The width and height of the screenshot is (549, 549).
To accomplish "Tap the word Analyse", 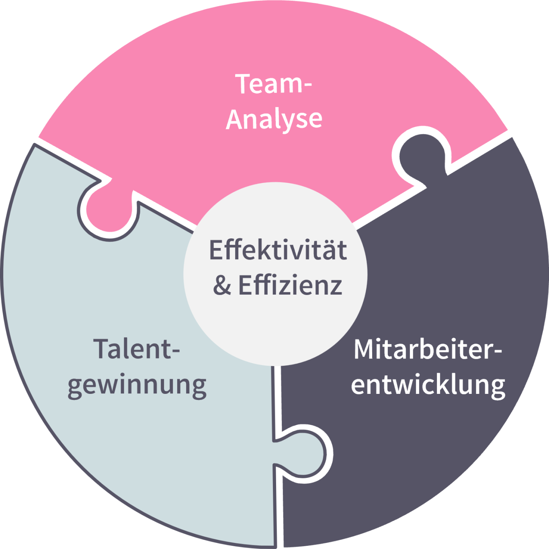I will pyautogui.click(x=274, y=119).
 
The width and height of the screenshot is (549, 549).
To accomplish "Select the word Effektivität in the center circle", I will pyautogui.click(x=278, y=250).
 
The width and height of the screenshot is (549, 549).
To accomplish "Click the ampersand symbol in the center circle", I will pyautogui.click(x=222, y=285).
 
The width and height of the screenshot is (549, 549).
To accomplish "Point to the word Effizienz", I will pyautogui.click(x=290, y=285).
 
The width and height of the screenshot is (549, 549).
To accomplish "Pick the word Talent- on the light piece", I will pyautogui.click(x=137, y=349).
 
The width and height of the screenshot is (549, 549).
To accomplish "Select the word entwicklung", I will pyautogui.click(x=428, y=385).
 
